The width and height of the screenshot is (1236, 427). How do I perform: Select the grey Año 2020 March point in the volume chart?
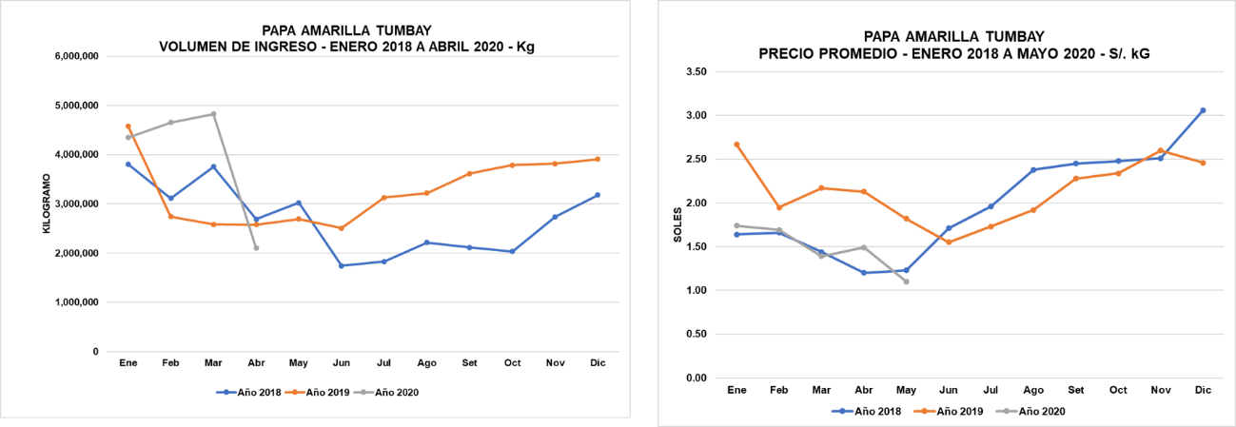click(x=213, y=114)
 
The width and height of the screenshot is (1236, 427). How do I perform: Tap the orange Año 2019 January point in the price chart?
click(x=736, y=145)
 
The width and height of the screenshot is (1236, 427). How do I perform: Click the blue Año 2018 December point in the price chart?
click(x=1203, y=110)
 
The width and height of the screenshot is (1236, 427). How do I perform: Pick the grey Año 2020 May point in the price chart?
click(x=906, y=281)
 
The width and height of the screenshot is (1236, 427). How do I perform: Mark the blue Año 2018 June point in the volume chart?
click(x=342, y=265)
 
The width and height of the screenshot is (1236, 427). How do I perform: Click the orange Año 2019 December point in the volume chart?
click(x=598, y=159)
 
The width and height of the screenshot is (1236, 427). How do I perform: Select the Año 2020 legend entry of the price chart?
click(x=1039, y=412)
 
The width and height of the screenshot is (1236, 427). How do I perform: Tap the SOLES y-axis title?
click(x=677, y=224)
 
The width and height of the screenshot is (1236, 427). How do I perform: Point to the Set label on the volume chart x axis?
click(x=469, y=363)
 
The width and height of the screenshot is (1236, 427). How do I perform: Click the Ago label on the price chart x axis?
click(x=1033, y=390)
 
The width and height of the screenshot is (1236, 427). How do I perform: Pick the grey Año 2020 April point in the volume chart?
click(x=256, y=248)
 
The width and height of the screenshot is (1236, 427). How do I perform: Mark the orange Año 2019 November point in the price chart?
click(x=1160, y=150)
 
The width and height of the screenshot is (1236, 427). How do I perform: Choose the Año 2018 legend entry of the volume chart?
click(x=249, y=392)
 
